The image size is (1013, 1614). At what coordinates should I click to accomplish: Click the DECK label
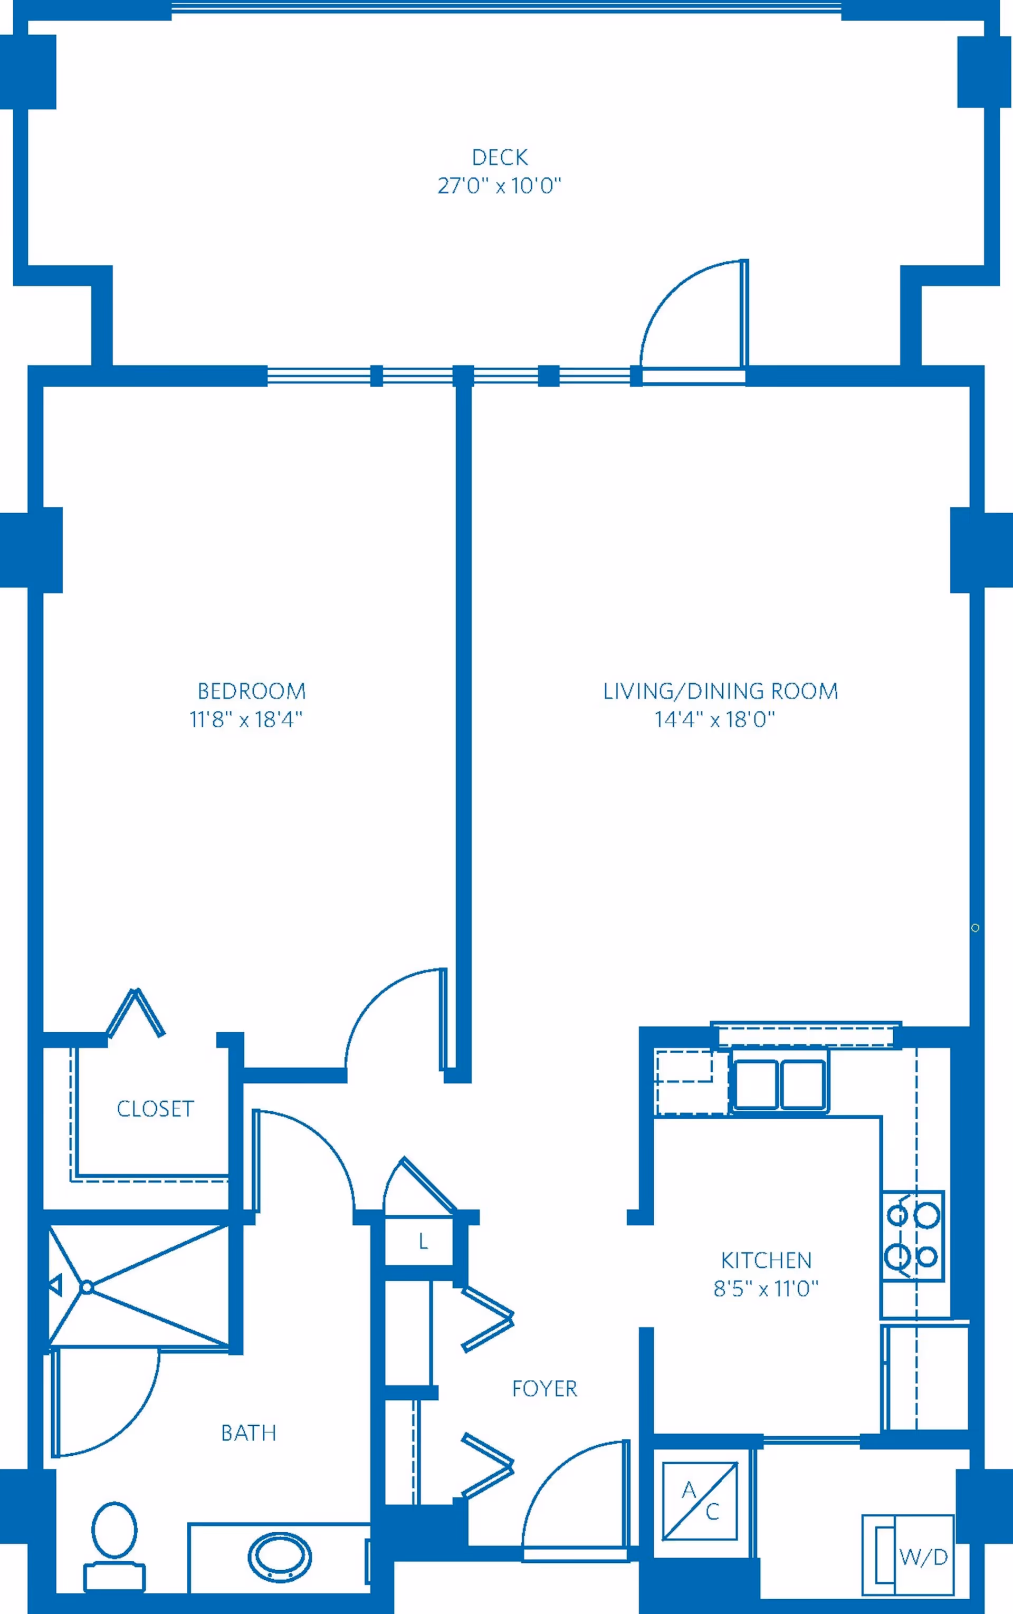499,157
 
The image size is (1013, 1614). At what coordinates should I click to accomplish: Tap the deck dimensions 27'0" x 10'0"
499,186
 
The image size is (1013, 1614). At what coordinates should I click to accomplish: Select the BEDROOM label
251,690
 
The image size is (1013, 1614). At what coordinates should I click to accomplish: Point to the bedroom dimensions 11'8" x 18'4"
246,719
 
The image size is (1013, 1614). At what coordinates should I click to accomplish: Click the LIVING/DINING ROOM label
720,690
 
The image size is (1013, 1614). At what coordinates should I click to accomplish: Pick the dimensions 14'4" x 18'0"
714,719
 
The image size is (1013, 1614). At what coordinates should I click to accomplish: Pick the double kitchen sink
779,1083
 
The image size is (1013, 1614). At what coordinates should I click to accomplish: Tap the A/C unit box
700,1500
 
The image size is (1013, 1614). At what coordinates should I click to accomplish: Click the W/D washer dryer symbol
909,1554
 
